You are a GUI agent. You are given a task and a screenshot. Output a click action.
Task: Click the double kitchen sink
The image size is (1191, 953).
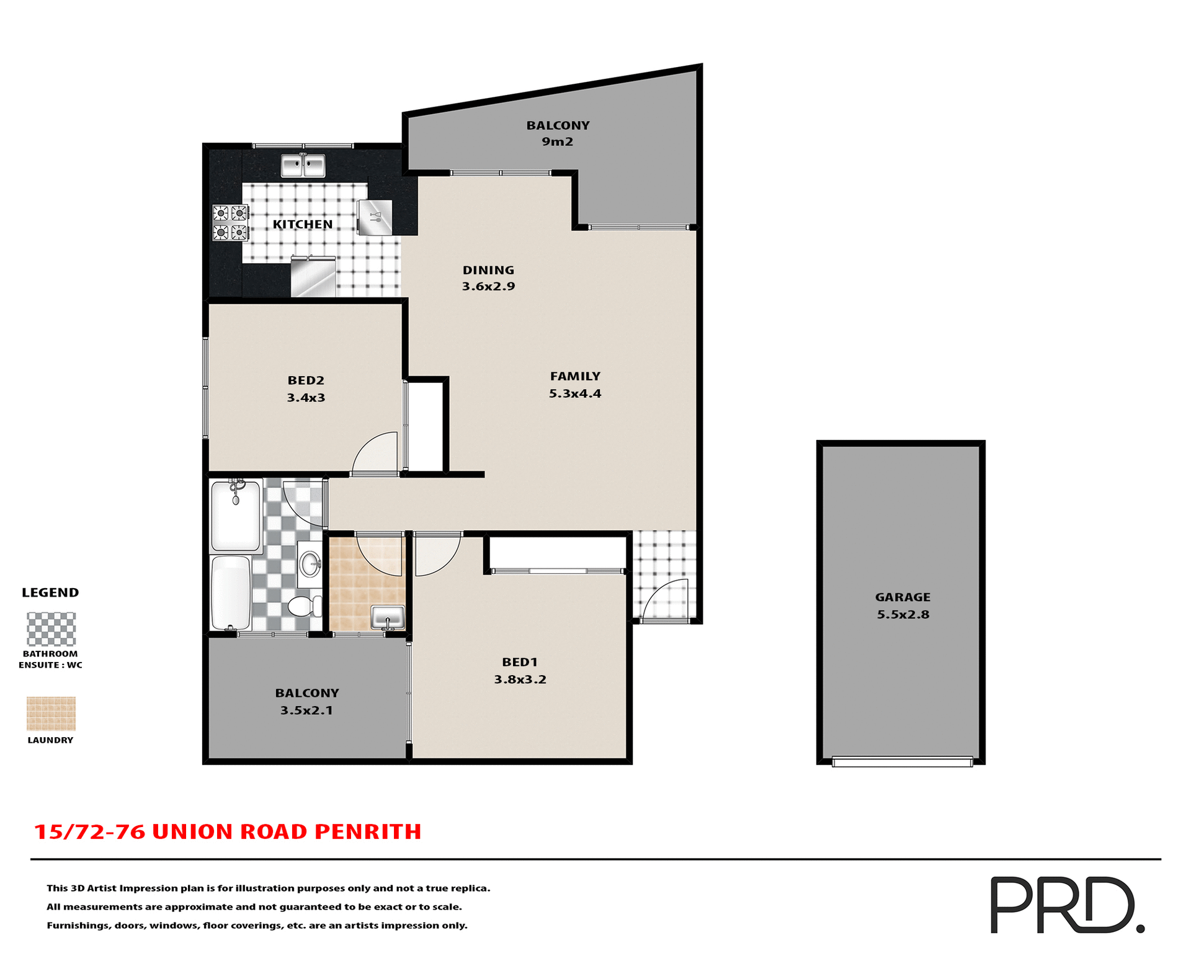point(303,166)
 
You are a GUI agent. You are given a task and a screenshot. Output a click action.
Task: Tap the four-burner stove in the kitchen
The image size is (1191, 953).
point(230,223)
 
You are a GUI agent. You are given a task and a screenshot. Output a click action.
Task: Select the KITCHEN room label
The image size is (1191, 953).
point(303,225)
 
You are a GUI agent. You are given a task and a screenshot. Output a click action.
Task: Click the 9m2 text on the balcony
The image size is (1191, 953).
point(557,142)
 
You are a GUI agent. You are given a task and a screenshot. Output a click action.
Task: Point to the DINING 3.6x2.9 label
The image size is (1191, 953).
point(488,278)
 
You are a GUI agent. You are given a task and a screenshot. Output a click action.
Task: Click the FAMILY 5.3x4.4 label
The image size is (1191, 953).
point(575,385)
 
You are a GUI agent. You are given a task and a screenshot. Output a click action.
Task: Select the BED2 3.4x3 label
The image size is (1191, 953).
point(306,389)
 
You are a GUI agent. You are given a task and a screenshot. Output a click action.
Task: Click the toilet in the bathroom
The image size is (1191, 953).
point(304,606)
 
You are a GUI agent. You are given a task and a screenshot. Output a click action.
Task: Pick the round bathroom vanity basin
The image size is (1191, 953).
point(310,564)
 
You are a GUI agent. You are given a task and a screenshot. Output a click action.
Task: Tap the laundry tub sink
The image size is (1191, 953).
point(388,618)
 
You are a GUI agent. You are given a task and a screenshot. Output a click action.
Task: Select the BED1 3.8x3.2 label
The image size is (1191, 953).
point(520,671)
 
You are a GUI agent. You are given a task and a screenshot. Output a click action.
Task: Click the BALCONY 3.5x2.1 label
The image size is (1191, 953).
point(307,702)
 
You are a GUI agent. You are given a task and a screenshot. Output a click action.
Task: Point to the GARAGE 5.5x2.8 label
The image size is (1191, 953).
point(903,606)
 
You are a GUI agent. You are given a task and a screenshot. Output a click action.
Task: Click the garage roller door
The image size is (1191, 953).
point(902,762)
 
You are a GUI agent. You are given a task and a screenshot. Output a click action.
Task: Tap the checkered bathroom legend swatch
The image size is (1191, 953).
point(51,629)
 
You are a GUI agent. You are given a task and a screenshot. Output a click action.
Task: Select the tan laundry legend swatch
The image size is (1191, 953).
point(51,714)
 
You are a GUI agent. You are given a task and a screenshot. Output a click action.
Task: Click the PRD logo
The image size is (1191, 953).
point(1066,905)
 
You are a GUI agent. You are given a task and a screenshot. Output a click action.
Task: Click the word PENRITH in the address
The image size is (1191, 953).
point(368,832)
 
